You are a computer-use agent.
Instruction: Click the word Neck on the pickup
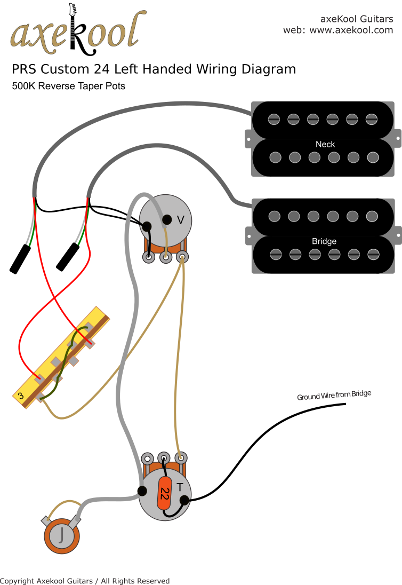pyautogui.click(x=325, y=144)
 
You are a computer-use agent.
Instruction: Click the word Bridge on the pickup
pyautogui.click(x=324, y=241)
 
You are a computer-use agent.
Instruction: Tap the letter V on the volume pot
pyautogui.click(x=180, y=220)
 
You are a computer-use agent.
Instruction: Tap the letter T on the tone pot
pyautogui.click(x=180, y=487)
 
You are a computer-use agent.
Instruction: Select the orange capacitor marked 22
pyautogui.click(x=165, y=494)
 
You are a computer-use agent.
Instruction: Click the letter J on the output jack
pyautogui.click(x=62, y=534)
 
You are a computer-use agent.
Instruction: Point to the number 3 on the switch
pyautogui.click(x=20, y=396)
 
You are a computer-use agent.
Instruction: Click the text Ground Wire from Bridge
pyautogui.click(x=334, y=396)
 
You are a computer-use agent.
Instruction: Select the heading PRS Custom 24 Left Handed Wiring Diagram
pyautogui.click(x=154, y=69)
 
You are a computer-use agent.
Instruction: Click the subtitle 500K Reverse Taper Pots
pyautogui.click(x=69, y=86)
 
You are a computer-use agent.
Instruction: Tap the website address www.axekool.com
pyautogui.click(x=351, y=30)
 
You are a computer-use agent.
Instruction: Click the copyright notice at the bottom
pyautogui.click(x=85, y=581)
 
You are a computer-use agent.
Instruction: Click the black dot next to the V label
pyautogui.click(x=166, y=219)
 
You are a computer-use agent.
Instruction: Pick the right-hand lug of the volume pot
pyautogui.click(x=182, y=257)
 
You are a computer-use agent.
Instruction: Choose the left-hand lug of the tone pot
pyautogui.click(x=147, y=458)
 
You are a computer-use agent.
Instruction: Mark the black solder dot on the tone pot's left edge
pyautogui.click(x=142, y=490)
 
